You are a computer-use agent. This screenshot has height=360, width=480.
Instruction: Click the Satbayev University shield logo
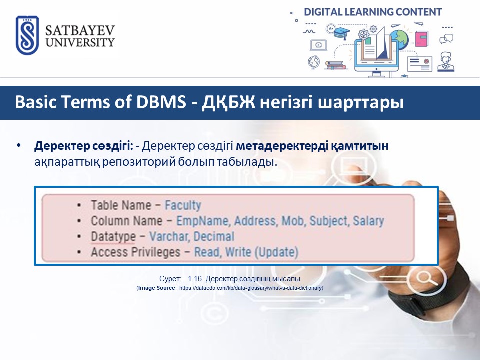click(x=27, y=35)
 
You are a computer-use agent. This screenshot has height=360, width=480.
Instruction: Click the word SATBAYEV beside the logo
click(x=80, y=30)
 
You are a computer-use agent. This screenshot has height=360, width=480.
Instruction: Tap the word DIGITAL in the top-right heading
click(x=323, y=12)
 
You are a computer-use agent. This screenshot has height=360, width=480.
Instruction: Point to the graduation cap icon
click(x=342, y=32)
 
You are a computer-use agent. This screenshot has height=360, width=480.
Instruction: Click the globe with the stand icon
click(x=314, y=62)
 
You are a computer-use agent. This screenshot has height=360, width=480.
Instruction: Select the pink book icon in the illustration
click(x=422, y=39)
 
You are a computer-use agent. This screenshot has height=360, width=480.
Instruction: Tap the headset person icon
click(x=446, y=62)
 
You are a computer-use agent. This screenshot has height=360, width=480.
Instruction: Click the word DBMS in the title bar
click(x=161, y=102)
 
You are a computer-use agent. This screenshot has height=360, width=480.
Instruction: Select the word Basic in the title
click(x=36, y=102)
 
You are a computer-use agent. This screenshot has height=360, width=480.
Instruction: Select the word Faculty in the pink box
click(x=183, y=205)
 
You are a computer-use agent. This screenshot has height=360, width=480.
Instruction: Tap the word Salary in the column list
click(x=368, y=221)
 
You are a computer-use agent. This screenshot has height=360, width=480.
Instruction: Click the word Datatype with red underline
click(x=113, y=236)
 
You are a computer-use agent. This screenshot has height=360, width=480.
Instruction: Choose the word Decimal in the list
click(x=214, y=236)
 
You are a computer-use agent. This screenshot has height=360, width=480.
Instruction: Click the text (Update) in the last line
click(x=276, y=252)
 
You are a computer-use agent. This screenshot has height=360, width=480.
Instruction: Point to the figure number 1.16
click(x=195, y=279)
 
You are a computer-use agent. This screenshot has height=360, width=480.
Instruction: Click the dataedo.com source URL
click(x=250, y=288)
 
